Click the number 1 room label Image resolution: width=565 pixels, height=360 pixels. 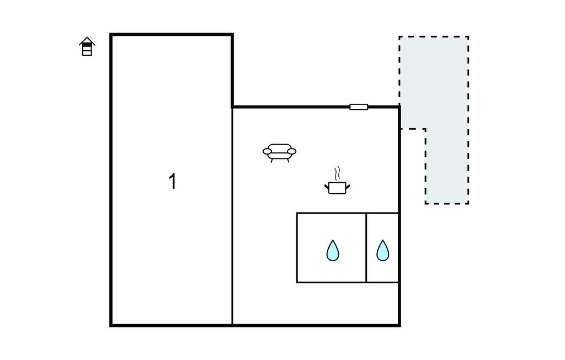[x=172, y=181]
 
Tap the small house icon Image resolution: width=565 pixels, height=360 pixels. [x=87, y=47]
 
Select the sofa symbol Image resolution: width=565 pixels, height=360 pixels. [x=280, y=152]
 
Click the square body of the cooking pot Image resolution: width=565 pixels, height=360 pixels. [x=337, y=188]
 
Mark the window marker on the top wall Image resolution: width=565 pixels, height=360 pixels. [x=359, y=107]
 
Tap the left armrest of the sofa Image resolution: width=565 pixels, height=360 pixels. [x=268, y=151]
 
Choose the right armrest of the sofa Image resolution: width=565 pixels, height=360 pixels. [x=292, y=151]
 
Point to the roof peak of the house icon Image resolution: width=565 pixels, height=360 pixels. [x=87, y=38]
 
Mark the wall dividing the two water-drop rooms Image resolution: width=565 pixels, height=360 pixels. [x=366, y=247]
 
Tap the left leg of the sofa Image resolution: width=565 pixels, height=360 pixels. [x=271, y=160]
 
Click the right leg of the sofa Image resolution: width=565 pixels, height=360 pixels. [x=288, y=160]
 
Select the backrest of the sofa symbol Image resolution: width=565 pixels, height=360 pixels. [x=280, y=147]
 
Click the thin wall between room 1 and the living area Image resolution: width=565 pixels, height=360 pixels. [x=232, y=221]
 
